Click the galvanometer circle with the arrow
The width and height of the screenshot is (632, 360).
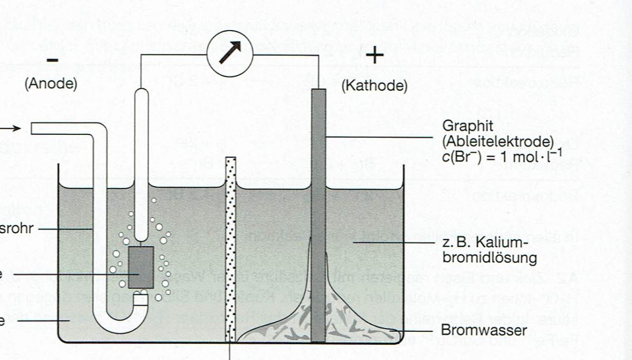(x=229, y=52)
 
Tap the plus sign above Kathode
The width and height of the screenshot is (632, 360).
(x=375, y=55)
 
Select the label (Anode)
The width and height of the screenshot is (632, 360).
(x=51, y=84)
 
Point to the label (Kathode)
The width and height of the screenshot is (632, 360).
(x=375, y=86)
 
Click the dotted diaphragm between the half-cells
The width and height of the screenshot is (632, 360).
(x=231, y=247)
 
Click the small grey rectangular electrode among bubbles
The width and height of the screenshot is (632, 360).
(x=141, y=267)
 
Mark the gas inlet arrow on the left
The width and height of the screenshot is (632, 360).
(x=12, y=128)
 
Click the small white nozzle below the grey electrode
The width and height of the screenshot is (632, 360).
(x=141, y=298)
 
